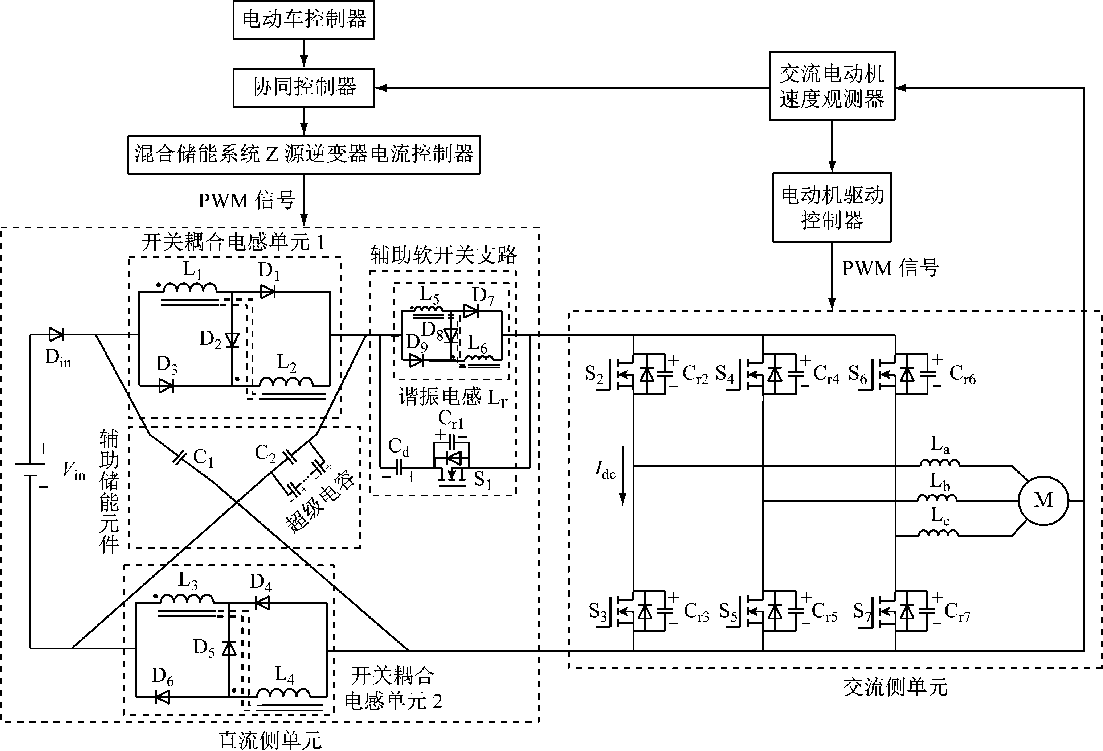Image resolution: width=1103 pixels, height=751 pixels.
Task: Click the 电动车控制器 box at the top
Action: click(304, 20)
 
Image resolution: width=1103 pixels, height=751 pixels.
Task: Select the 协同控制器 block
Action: click(304, 88)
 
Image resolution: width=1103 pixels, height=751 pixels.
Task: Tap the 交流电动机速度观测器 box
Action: click(832, 86)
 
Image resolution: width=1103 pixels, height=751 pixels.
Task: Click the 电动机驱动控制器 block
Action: click(832, 207)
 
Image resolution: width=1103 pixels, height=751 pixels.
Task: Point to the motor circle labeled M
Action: click(1043, 500)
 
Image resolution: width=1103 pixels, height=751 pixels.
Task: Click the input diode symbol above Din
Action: click(56, 335)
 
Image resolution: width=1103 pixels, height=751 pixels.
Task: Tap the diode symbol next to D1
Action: click(268, 292)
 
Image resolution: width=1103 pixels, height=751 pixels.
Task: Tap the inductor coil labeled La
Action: click(939, 463)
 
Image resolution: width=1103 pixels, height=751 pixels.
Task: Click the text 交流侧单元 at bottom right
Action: click(895, 687)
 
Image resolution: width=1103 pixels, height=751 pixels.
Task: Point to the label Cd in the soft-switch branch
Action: click(398, 447)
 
